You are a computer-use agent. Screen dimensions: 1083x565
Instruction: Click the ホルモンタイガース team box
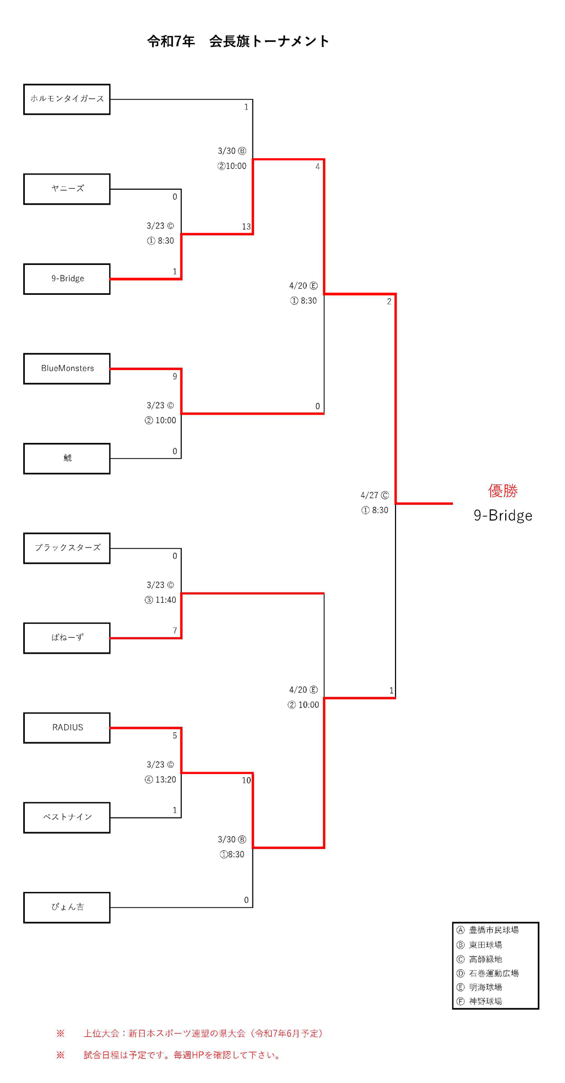(x=67, y=99)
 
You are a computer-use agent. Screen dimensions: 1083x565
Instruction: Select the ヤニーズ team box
(x=67, y=189)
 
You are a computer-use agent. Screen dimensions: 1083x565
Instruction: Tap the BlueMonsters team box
(x=67, y=368)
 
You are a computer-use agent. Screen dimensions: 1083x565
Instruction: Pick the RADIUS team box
(x=67, y=728)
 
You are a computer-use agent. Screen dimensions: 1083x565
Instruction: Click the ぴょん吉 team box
(x=67, y=907)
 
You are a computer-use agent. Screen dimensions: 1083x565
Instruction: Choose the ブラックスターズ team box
(x=67, y=548)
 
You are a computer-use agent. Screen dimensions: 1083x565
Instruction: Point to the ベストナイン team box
(x=67, y=817)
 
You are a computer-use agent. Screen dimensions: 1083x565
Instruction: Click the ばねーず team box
(x=67, y=638)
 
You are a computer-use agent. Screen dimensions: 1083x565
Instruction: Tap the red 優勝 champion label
(x=503, y=490)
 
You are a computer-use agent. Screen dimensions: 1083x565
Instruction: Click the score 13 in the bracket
(x=246, y=227)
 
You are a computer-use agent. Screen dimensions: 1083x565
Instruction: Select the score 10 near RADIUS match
(x=246, y=780)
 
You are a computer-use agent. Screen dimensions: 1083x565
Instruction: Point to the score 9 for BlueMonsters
(x=175, y=376)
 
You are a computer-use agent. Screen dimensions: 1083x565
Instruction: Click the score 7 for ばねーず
(x=175, y=630)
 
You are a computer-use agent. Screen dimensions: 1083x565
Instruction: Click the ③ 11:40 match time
(x=160, y=600)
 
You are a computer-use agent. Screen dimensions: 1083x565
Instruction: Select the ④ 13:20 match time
(x=160, y=780)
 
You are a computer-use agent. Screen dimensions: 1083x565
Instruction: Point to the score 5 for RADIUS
(x=175, y=736)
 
